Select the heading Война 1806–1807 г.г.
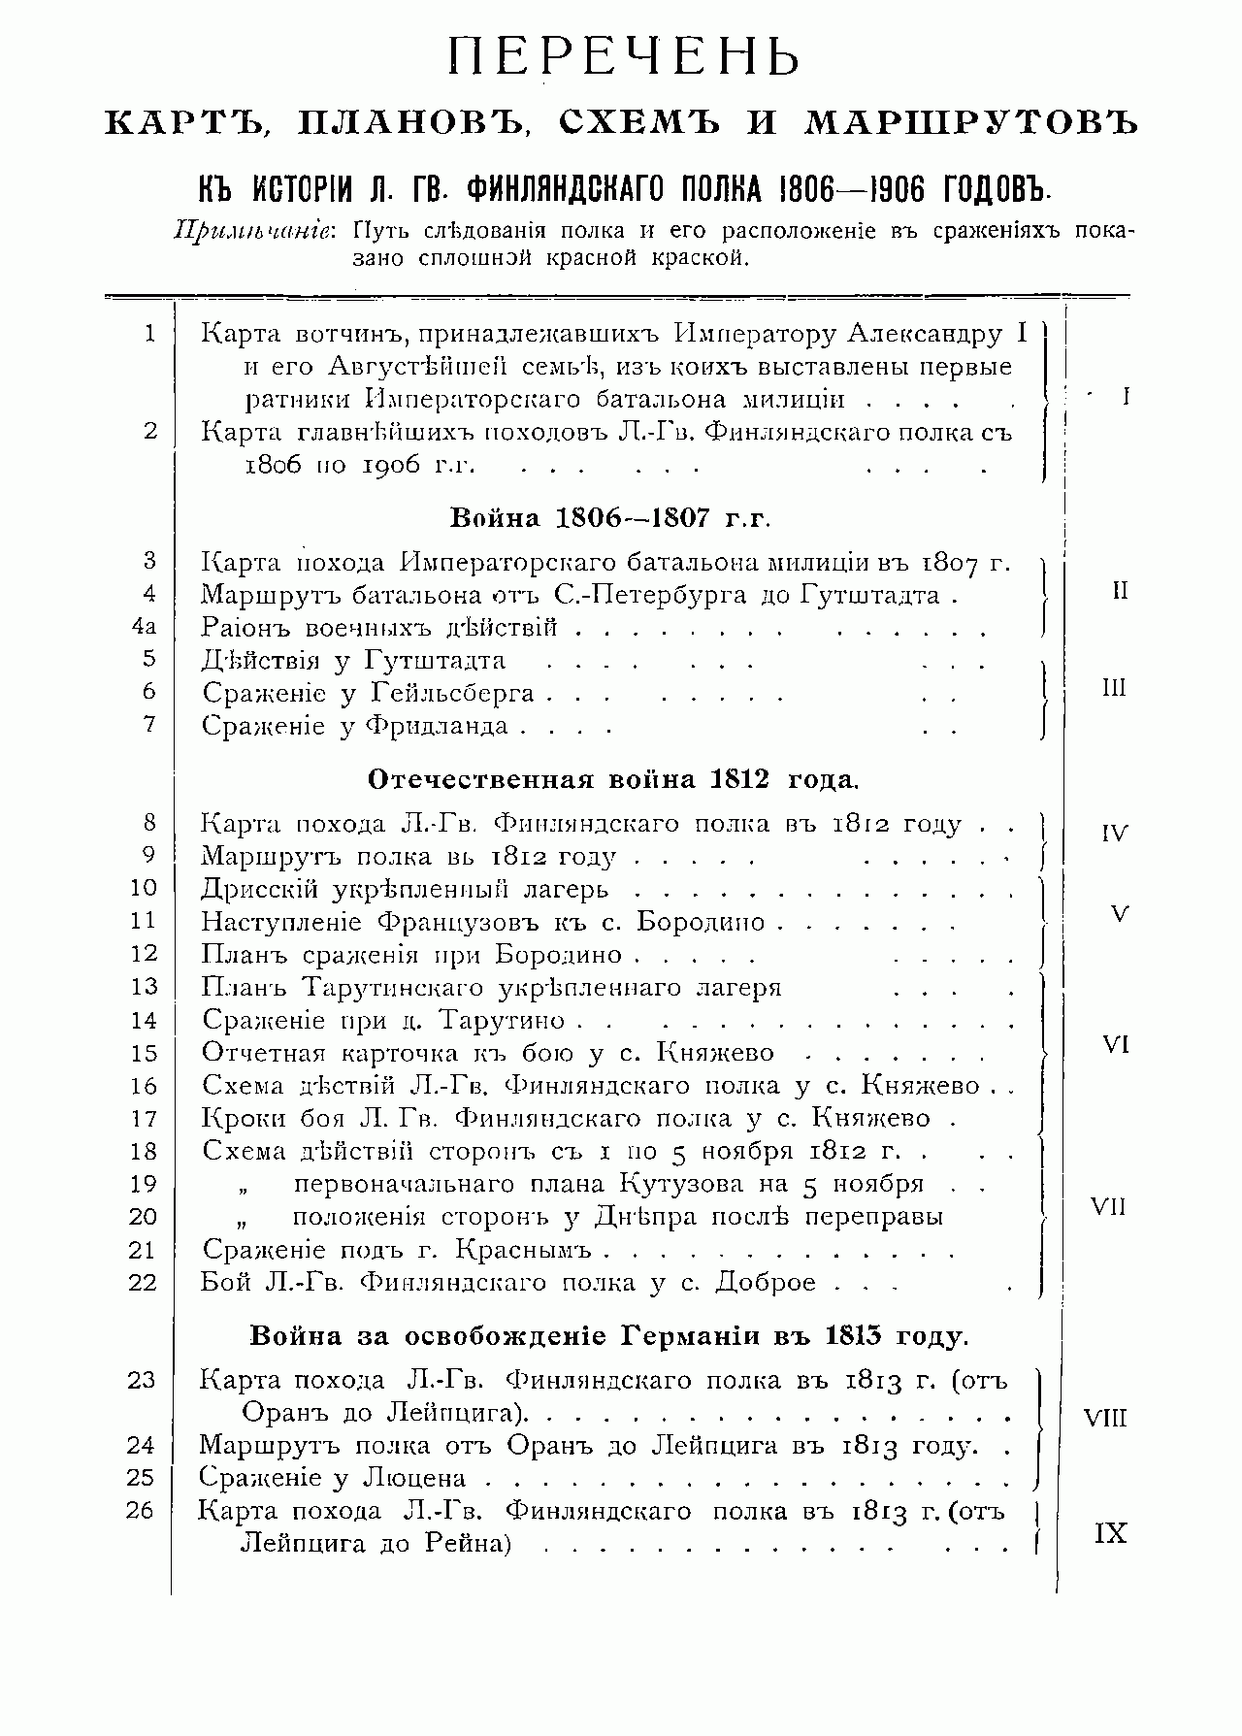click(610, 517)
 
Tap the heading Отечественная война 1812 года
click(613, 779)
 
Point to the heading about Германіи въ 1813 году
click(608, 1336)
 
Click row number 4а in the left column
click(144, 627)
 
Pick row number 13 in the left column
click(144, 987)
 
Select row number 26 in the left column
click(141, 1511)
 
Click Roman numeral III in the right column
click(1114, 689)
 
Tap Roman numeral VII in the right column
click(1109, 1208)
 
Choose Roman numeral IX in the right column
click(1110, 1534)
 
